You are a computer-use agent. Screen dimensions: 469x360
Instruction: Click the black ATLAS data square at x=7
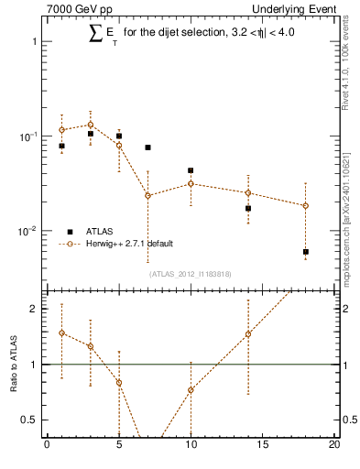pos(147,147)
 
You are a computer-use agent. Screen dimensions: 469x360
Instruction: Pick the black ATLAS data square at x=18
pos(306,251)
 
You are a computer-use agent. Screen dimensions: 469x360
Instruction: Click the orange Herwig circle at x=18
pos(306,205)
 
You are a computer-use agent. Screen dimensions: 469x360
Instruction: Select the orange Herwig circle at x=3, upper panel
pos(90,125)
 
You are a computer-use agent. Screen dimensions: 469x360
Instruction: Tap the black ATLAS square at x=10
pos(191,170)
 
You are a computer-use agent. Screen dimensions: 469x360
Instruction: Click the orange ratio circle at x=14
pos(248,333)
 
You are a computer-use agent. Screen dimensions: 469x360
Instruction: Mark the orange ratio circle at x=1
pos(61,333)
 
